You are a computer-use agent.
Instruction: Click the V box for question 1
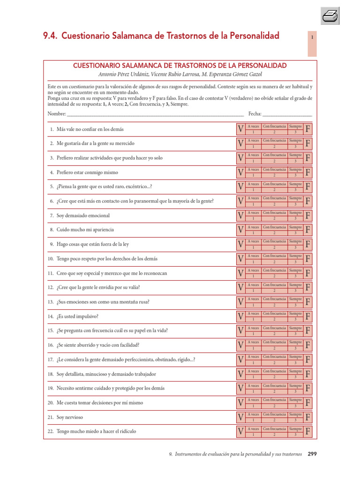[x=240, y=129]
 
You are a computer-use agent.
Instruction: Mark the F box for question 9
[x=308, y=244]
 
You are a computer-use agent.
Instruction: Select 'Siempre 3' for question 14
[x=295, y=316]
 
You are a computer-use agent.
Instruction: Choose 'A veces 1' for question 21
[x=253, y=417]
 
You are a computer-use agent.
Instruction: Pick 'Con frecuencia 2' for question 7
[x=275, y=215]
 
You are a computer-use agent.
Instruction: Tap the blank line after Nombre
[x=155, y=114]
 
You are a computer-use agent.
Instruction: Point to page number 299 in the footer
[x=312, y=454]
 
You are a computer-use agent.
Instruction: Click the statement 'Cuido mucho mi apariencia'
[x=85, y=230]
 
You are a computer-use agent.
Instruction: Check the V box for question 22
[x=240, y=431]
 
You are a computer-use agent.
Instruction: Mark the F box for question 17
[x=308, y=360]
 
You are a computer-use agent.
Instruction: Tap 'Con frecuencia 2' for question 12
[x=275, y=287]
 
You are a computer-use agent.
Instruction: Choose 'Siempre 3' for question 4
[x=295, y=172]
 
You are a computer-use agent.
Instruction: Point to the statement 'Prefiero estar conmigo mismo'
[x=87, y=172]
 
